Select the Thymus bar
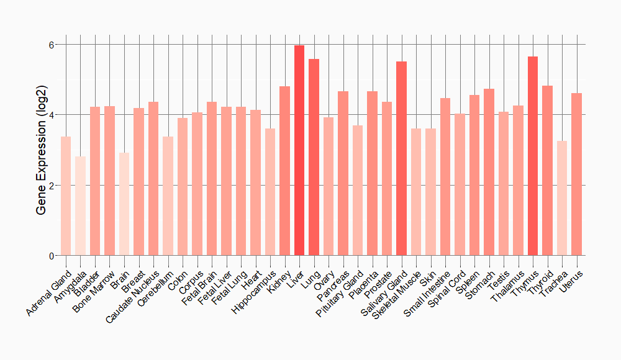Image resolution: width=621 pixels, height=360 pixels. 532,156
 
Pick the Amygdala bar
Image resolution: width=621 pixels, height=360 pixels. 81,205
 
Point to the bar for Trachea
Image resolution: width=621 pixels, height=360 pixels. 561,198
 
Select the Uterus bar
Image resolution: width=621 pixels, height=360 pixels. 576,174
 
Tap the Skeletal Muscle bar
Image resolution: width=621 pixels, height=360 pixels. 416,192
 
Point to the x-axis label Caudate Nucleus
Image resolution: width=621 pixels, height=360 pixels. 133,295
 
